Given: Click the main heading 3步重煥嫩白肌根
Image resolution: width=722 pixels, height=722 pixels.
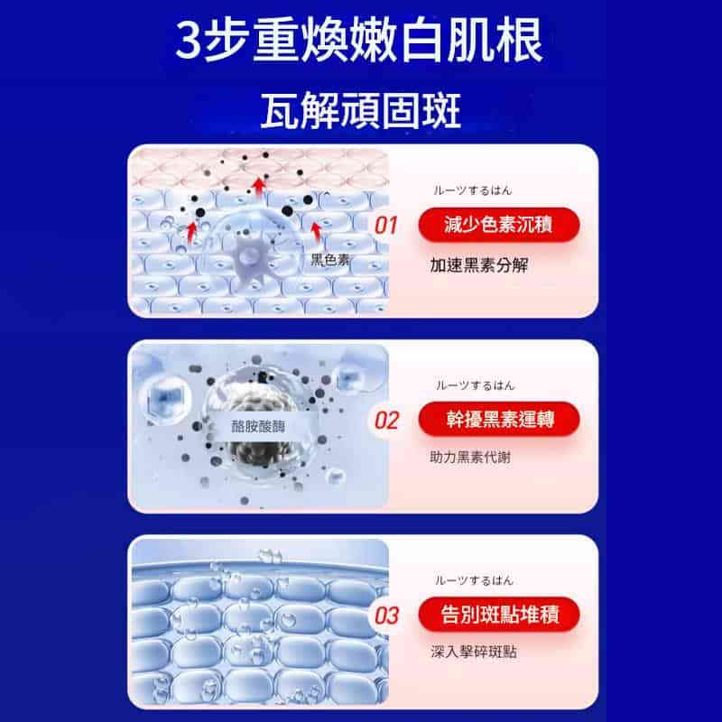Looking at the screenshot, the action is click(359, 40).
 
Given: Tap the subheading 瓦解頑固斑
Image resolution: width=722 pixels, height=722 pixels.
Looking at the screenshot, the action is click(360, 110).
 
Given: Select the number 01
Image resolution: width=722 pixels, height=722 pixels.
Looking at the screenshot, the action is click(386, 226).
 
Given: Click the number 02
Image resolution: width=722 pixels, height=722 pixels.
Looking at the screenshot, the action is click(386, 421).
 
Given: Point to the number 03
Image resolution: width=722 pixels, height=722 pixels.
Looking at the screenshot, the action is click(386, 616).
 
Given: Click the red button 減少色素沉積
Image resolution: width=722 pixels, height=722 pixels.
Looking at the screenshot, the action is click(499, 225).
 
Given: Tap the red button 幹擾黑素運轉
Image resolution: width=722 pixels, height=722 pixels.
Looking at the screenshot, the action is click(499, 420).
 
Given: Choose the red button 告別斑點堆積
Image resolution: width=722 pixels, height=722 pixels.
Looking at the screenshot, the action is click(499, 615).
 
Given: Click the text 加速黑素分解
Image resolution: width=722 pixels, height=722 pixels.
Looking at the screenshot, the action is click(479, 265).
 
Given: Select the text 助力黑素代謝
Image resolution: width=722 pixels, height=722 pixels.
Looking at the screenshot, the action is click(470, 457).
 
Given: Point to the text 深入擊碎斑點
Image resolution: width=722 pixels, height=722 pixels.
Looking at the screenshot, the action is click(474, 652).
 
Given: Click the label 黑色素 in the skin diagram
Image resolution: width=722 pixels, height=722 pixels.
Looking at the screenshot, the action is click(330, 260).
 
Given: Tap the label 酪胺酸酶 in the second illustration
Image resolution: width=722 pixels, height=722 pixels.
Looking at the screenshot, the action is click(258, 426).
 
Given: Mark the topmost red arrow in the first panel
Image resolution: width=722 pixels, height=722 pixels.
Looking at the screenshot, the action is click(259, 189).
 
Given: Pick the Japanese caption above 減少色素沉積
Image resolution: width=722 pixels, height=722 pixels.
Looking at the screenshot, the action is click(473, 190).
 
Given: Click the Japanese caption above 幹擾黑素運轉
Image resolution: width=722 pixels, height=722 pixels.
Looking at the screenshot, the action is click(475, 385).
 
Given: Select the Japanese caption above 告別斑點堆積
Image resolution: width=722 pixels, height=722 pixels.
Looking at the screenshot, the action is click(475, 580).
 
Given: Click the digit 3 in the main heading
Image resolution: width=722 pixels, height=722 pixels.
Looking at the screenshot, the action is click(189, 41).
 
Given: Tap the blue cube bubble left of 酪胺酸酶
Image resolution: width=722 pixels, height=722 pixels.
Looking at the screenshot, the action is click(166, 399).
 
